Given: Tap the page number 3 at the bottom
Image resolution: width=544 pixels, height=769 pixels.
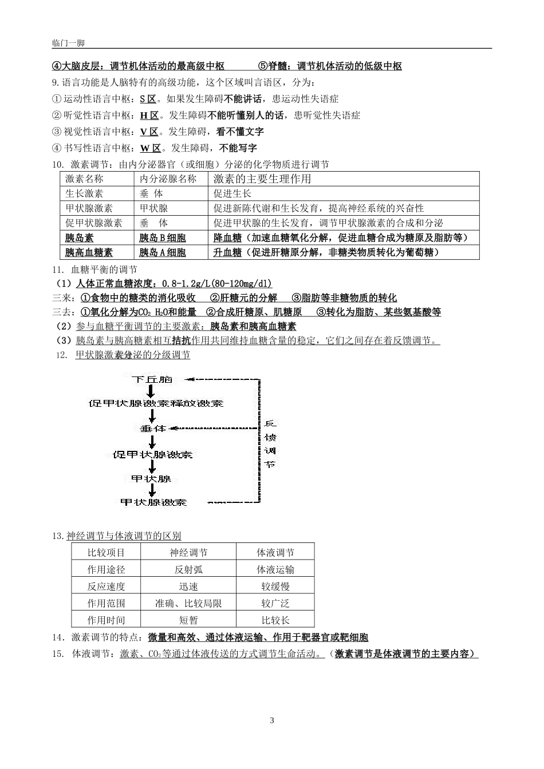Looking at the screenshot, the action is (272, 720).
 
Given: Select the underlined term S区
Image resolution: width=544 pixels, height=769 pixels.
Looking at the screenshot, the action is (148, 98).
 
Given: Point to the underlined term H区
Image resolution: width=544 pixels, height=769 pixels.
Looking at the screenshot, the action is (149, 115).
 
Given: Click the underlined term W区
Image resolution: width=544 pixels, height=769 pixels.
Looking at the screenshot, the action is (150, 148).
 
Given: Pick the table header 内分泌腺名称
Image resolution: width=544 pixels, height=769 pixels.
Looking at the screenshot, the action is (168, 179).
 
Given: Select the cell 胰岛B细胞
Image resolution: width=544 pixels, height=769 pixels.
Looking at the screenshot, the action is (163, 237).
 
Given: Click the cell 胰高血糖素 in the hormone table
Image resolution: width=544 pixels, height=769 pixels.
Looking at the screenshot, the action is (89, 252).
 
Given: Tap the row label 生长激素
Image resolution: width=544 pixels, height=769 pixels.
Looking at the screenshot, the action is (84, 193).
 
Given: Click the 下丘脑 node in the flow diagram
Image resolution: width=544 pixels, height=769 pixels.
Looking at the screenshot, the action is (151, 379).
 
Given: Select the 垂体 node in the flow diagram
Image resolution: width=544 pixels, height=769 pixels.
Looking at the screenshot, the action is (152, 428).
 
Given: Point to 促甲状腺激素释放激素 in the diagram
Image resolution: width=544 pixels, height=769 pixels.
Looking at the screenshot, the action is (156, 403).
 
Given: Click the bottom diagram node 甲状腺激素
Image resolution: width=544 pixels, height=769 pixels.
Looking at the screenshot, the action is (153, 502).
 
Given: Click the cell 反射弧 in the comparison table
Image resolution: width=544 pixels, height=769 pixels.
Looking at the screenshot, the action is (188, 569).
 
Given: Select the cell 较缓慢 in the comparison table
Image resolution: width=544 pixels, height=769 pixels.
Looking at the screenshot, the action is (275, 586).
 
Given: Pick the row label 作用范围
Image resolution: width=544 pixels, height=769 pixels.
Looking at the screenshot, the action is (106, 603).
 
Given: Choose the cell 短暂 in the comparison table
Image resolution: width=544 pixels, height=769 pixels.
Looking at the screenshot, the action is (188, 620).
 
